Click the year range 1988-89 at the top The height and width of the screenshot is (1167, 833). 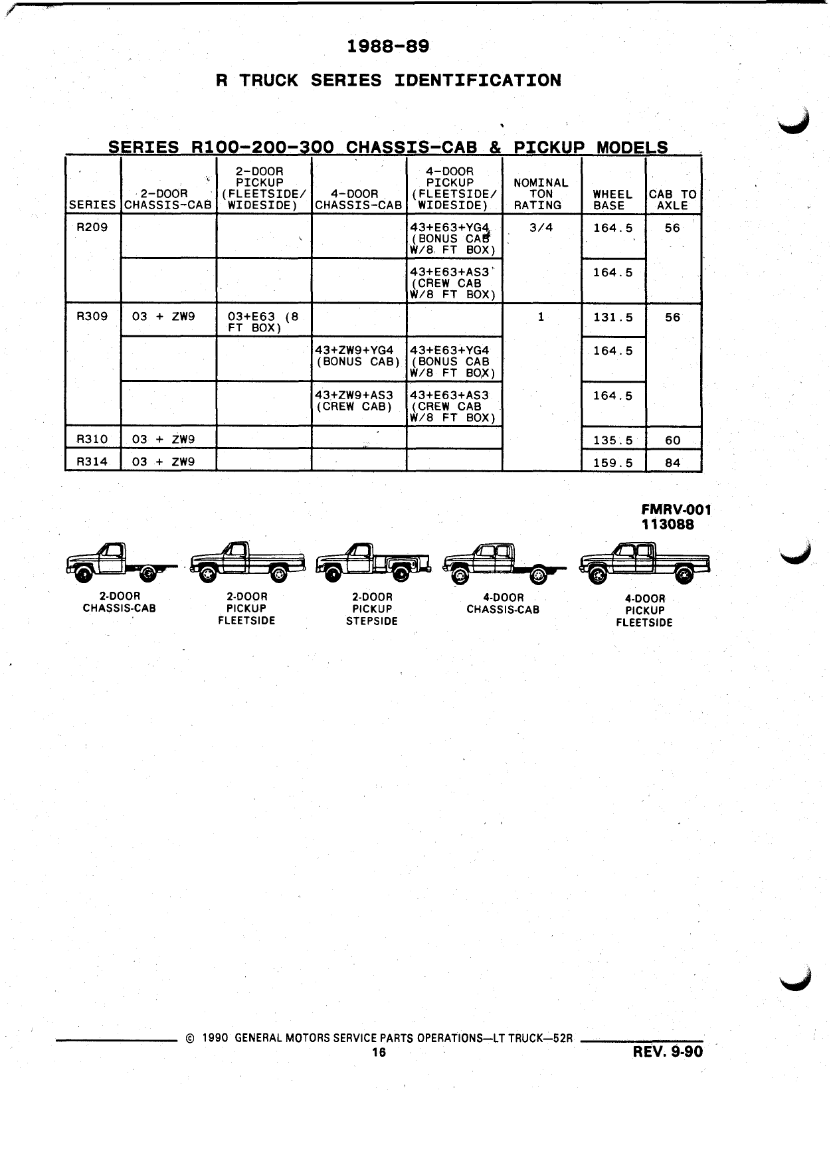(389, 46)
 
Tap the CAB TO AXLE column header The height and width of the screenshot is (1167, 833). (673, 200)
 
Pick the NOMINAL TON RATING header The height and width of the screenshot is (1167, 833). (541, 194)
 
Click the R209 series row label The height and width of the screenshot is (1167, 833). (92, 227)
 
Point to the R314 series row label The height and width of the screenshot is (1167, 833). (92, 462)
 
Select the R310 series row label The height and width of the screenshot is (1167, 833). (92, 439)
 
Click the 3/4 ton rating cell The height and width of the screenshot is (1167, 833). (541, 227)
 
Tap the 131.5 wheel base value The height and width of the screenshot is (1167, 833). (613, 317)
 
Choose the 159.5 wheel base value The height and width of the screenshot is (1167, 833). (613, 463)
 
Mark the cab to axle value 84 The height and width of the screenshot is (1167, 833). (673, 463)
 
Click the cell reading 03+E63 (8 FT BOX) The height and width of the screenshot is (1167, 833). (262, 323)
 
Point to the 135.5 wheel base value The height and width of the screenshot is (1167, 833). (613, 440)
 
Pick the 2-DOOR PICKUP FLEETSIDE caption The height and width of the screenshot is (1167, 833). (246, 608)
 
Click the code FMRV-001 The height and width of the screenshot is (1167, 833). (676, 509)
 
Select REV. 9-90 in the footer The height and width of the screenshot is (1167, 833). (668, 1051)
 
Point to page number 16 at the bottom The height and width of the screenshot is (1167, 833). (379, 1052)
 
